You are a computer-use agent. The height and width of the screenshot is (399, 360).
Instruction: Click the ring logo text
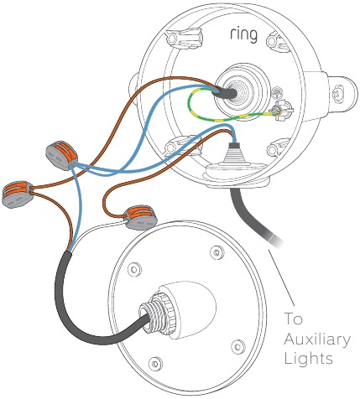[x=243, y=35]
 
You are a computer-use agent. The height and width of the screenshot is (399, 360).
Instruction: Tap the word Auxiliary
[x=317, y=339]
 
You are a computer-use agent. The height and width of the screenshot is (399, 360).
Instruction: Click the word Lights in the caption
[x=308, y=358]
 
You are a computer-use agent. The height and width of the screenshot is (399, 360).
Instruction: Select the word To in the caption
[x=293, y=319]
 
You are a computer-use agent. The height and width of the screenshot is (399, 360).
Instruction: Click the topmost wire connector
[x=61, y=155]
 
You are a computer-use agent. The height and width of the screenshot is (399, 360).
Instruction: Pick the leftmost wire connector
[x=18, y=194]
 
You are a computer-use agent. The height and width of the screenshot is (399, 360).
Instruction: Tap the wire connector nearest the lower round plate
[x=141, y=217]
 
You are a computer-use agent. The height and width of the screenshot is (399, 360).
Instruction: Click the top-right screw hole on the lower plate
[x=217, y=251]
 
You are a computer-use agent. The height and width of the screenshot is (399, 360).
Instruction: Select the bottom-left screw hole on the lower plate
[x=154, y=364]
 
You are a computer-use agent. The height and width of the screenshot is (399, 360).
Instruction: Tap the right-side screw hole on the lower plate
[x=238, y=346]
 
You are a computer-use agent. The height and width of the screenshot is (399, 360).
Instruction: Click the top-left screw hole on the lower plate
[x=134, y=269]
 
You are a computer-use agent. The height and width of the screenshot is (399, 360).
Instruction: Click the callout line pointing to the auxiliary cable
[x=282, y=277]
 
